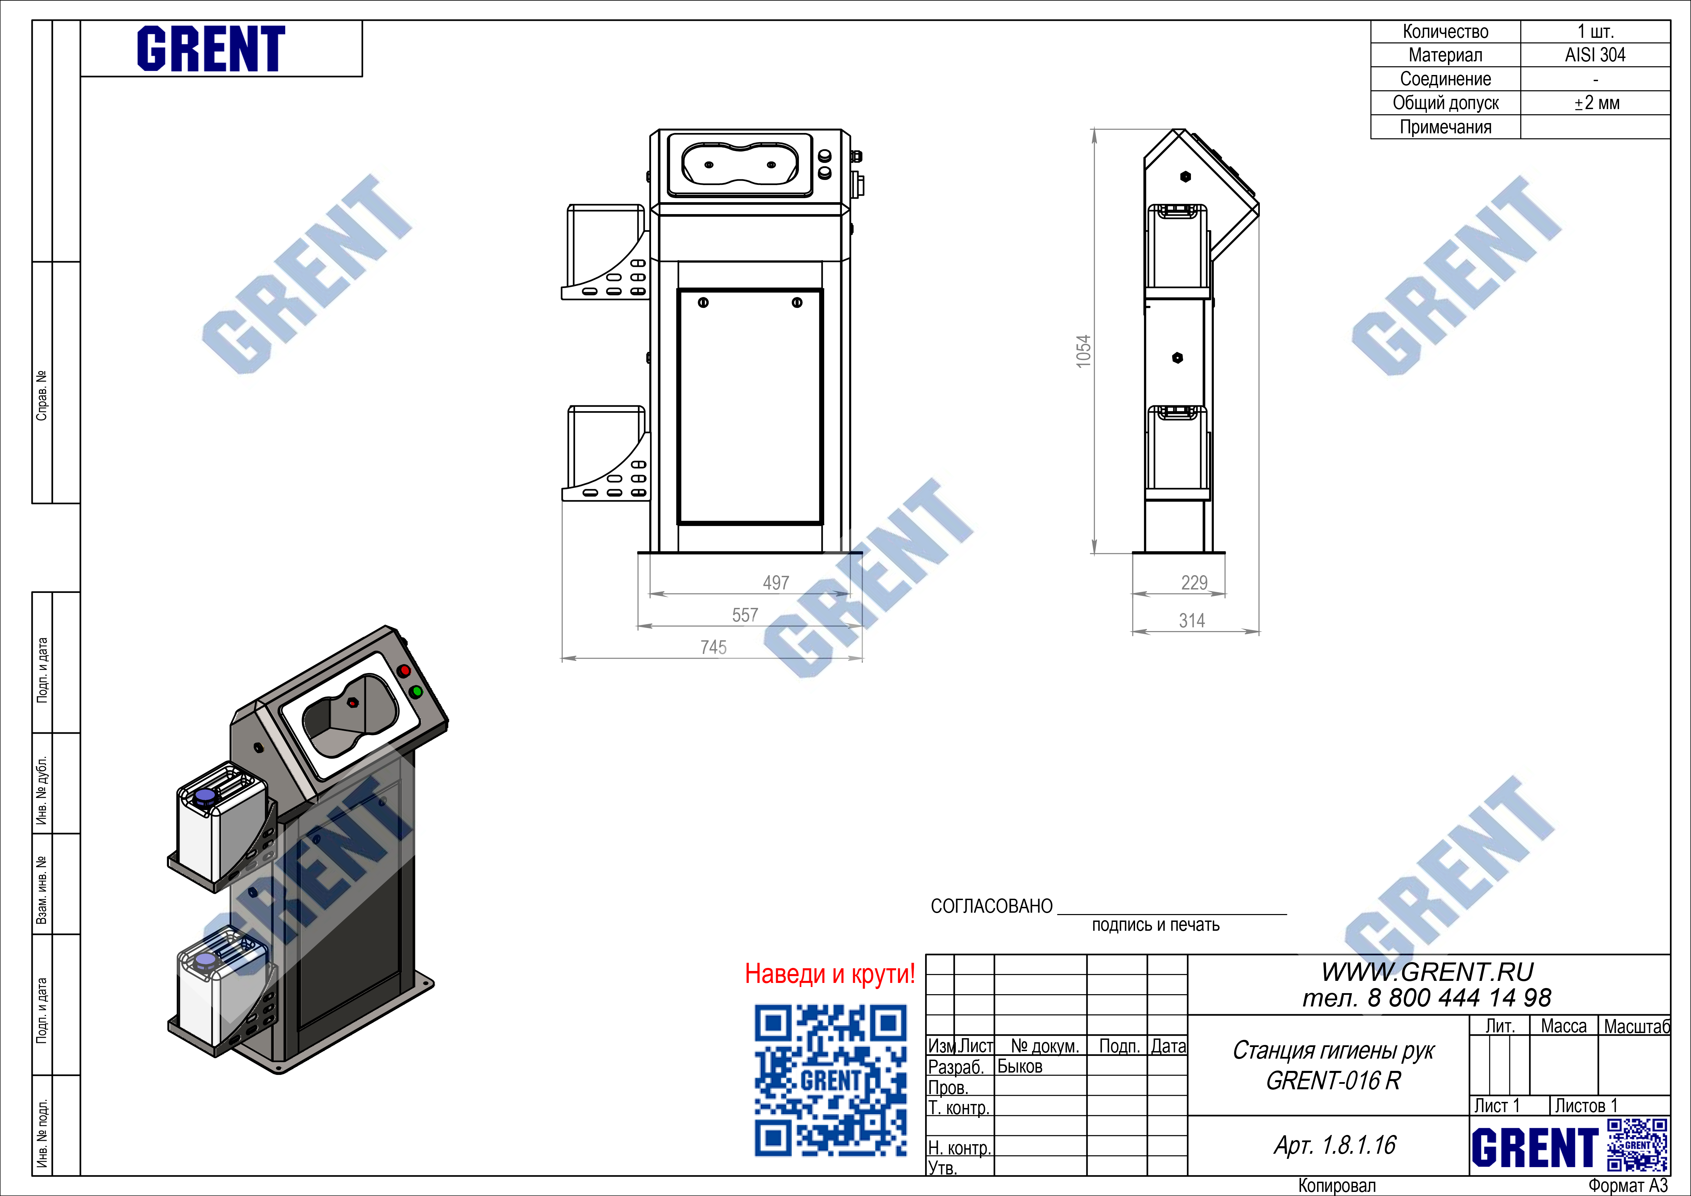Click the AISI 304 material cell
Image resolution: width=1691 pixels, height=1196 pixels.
1595,55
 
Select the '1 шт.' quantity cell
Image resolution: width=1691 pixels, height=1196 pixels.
1595,32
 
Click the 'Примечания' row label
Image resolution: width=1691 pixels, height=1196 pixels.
1446,128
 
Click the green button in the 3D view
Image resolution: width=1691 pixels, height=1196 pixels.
416,691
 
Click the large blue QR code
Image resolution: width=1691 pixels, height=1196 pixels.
830,1080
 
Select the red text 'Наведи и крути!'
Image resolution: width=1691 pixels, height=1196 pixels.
830,974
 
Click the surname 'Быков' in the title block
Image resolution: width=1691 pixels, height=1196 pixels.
1020,1066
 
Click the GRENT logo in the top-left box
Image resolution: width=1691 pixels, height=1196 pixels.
211,49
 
